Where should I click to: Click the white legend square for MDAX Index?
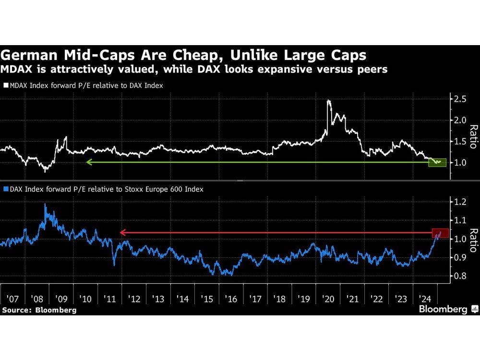pyautogui.click(x=5, y=86)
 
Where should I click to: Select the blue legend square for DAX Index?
pyautogui.click(x=5, y=190)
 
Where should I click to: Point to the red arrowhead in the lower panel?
pyautogui.click(x=122, y=233)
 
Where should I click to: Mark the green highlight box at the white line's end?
pyautogui.click(x=437, y=162)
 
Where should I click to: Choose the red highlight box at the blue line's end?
pyautogui.click(x=440, y=233)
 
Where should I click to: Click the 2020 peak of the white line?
pyautogui.click(x=328, y=101)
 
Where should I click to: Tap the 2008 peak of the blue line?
pyautogui.click(x=45, y=204)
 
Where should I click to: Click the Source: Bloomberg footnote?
pyautogui.click(x=39, y=310)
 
